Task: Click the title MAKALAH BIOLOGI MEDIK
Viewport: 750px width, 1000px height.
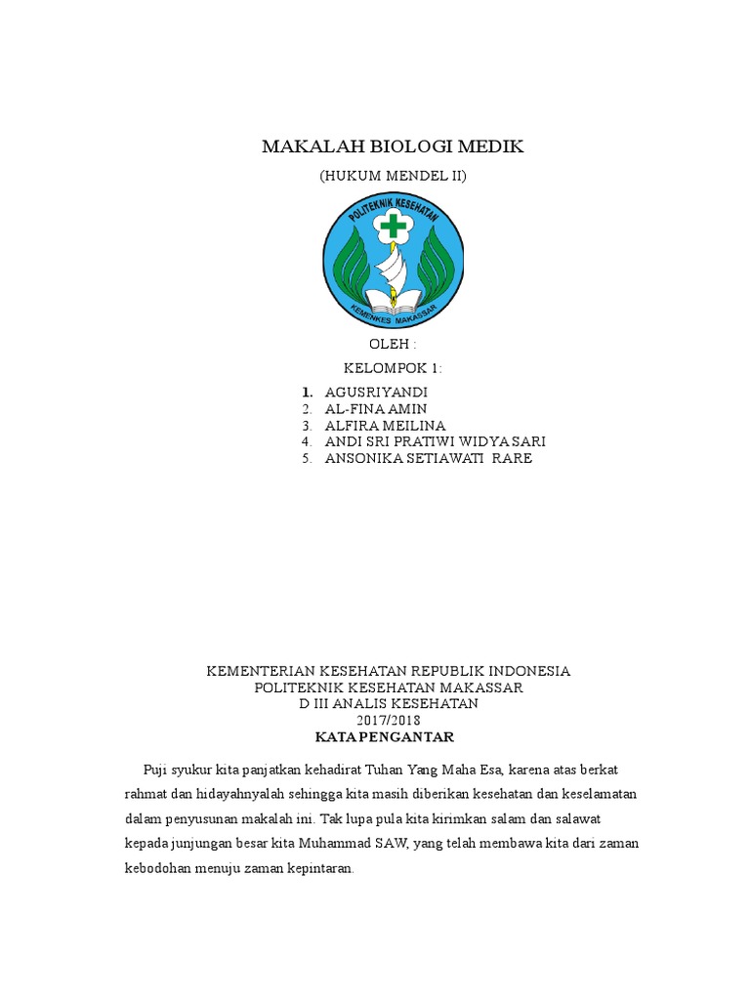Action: coord(393,146)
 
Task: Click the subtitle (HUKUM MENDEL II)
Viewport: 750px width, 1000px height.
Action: coord(393,177)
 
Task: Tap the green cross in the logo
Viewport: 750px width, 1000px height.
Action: coord(394,227)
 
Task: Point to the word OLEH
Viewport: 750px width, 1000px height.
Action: coord(391,345)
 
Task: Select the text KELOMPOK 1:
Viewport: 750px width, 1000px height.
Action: coord(393,368)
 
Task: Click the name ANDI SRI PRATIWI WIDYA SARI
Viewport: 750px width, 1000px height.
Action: coord(435,442)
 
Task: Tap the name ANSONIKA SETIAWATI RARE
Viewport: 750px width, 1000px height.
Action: coord(428,459)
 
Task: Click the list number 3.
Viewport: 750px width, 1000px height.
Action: coord(307,426)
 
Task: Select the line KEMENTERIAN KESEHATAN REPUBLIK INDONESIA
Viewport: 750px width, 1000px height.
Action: coord(389,671)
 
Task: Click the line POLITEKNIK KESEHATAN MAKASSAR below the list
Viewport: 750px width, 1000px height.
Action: coord(389,687)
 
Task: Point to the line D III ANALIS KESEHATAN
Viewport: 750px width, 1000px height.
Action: coord(389,704)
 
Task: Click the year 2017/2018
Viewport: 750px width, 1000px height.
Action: coord(389,721)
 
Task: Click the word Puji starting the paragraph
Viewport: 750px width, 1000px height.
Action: coord(156,768)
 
